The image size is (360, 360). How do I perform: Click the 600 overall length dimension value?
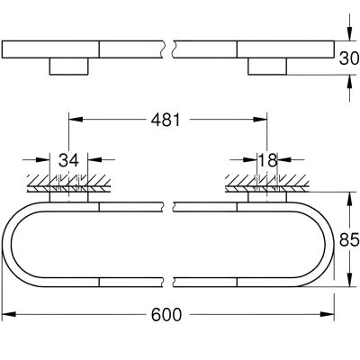point(166,314)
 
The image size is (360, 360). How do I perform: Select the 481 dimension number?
point(166,120)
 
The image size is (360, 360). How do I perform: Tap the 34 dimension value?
point(68,160)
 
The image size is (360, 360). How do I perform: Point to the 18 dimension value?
point(267,160)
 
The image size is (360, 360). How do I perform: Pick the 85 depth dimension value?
point(349,240)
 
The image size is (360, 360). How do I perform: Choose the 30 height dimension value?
point(349,58)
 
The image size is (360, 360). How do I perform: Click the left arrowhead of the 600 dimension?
point(9,314)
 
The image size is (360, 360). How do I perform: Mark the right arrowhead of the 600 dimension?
point(328,314)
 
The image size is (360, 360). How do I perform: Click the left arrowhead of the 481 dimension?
point(76,120)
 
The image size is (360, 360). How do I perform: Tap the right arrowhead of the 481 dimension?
point(260,120)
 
